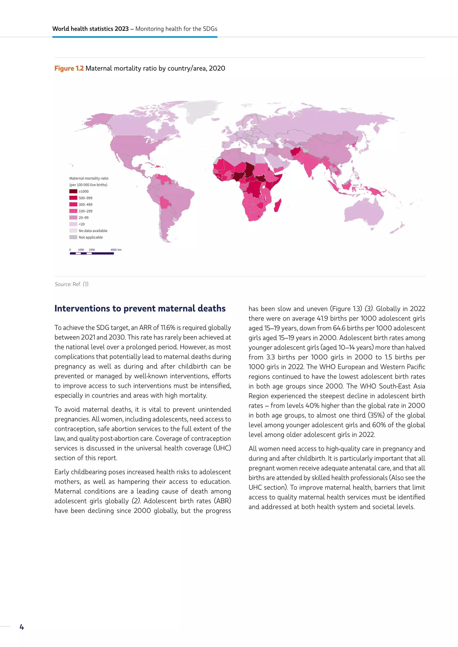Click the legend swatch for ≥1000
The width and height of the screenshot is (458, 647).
73,191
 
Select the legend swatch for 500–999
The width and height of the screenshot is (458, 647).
73,198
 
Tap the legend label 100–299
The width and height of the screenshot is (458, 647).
85,211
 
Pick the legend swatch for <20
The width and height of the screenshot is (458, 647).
73,224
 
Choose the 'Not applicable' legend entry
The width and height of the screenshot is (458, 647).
91,237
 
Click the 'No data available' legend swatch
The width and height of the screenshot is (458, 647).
73,231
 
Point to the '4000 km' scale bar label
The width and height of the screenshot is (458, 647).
116,250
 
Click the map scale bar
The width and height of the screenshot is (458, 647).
92,253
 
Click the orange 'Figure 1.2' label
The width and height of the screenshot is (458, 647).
69,69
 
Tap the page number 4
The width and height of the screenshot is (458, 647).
22,627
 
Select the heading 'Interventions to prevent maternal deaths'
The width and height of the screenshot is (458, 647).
140,309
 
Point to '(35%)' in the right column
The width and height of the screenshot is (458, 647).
376,415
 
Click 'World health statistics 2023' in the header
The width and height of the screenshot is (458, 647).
90,29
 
